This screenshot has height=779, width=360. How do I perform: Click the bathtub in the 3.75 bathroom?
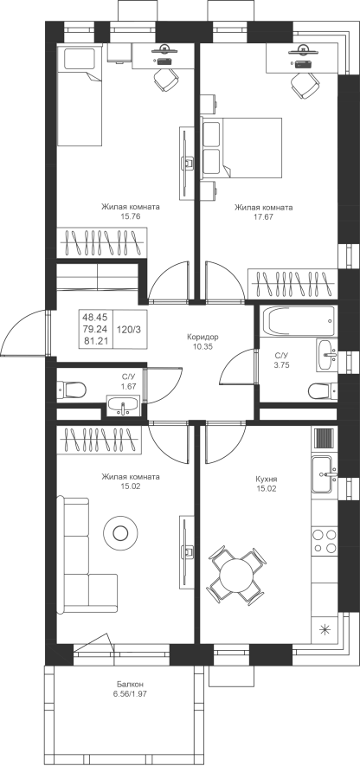pyautogui.click(x=300, y=321)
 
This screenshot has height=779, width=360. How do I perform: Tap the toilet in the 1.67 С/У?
pyautogui.click(x=71, y=389)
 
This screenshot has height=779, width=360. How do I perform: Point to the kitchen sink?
pyautogui.click(x=325, y=474)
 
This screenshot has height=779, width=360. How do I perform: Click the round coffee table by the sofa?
pyautogui.click(x=120, y=533)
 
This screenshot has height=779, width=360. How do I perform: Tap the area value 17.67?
pyautogui.click(x=263, y=216)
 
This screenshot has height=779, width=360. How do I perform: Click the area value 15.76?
pyautogui.click(x=131, y=216)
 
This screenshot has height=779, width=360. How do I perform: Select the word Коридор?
pyautogui.click(x=202, y=337)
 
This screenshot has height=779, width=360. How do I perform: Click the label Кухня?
pyautogui.click(x=267, y=480)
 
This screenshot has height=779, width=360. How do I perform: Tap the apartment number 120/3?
pyautogui.click(x=130, y=329)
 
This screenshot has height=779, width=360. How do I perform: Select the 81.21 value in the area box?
pyautogui.click(x=96, y=341)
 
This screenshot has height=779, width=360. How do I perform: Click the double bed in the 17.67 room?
pyautogui.click(x=241, y=147)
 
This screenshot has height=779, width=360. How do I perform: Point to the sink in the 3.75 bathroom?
pyautogui.click(x=327, y=355)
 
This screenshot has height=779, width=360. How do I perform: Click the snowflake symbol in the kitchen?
pyautogui.click(x=325, y=629)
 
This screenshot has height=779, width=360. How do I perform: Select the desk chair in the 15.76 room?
pyautogui.click(x=166, y=80)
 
